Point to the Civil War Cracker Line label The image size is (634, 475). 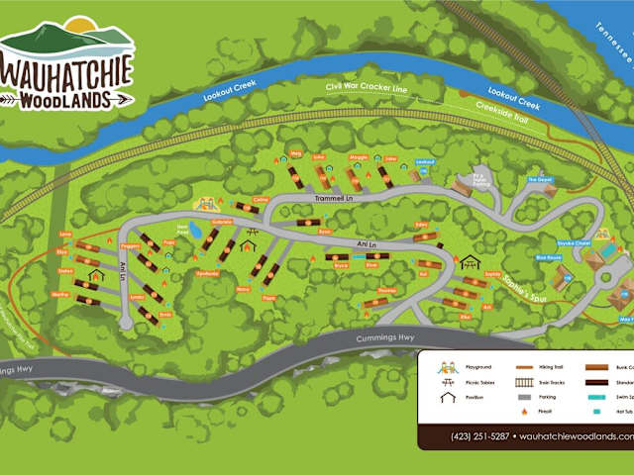367,88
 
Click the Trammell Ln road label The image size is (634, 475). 334,198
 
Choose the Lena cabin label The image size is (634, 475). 66,235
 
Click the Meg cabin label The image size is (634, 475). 294,154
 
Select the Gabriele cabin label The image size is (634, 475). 223,222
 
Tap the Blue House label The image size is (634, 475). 547,257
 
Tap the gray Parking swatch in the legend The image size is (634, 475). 525,395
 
